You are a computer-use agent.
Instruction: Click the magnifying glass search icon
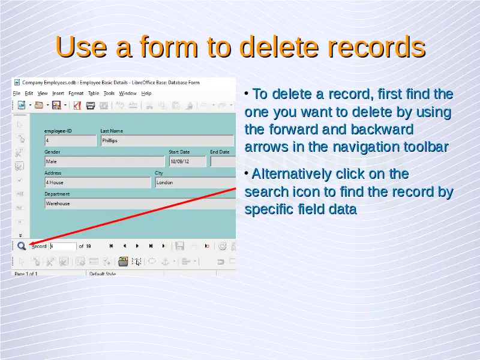point(22,246)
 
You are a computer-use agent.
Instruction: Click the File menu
point(17,94)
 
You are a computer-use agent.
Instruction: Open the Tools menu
point(109,94)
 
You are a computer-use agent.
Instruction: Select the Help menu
point(146,94)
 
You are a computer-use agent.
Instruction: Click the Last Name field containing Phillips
point(167,140)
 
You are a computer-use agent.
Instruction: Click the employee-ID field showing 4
point(70,140)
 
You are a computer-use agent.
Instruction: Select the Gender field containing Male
point(104,161)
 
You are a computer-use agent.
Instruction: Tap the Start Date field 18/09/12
point(188,161)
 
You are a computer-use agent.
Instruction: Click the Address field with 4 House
point(98,182)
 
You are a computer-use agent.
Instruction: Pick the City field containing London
point(196,182)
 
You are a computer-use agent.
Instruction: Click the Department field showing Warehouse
point(140,203)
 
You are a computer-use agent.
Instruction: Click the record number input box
point(63,246)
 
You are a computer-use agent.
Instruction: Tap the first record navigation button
point(111,246)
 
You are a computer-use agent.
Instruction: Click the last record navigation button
point(151,246)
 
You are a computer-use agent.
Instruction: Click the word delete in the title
point(279,47)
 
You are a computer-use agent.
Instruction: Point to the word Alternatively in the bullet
point(292,174)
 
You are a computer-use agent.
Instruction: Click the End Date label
point(220,152)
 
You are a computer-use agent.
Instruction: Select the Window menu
point(128,94)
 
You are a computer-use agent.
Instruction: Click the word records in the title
point(377,47)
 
